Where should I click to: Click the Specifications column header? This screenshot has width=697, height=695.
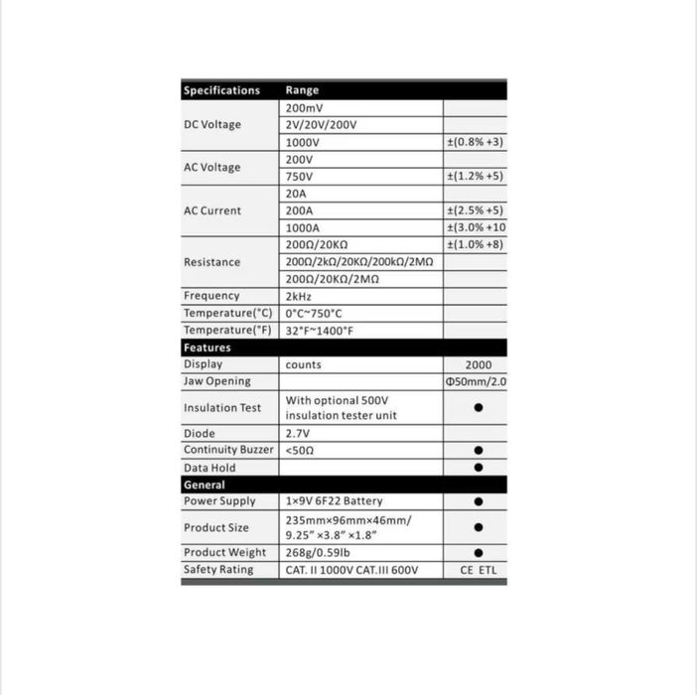221,90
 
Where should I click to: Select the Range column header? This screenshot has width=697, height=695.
302,90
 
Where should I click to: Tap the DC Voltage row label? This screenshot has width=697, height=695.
212,125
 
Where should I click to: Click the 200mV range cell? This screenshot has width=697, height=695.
304,108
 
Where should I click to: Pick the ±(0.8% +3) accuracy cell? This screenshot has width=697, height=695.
476,142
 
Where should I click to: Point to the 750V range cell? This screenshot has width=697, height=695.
299,176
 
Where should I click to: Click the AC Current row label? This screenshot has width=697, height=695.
212,210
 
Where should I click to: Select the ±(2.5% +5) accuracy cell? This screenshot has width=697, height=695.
476,210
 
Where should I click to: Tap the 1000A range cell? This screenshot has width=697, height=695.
303,227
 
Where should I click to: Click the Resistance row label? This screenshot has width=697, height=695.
211,262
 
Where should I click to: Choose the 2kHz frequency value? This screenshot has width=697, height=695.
300,296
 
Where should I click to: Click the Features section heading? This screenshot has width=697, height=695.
207,347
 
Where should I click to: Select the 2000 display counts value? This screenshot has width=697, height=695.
479,364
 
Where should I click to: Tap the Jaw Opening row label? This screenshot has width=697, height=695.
216,381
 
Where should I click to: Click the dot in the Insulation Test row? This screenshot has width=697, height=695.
479,407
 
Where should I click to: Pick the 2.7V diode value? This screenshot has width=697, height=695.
298,434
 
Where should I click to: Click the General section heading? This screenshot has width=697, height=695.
204,485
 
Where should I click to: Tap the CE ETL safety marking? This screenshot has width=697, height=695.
479,570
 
